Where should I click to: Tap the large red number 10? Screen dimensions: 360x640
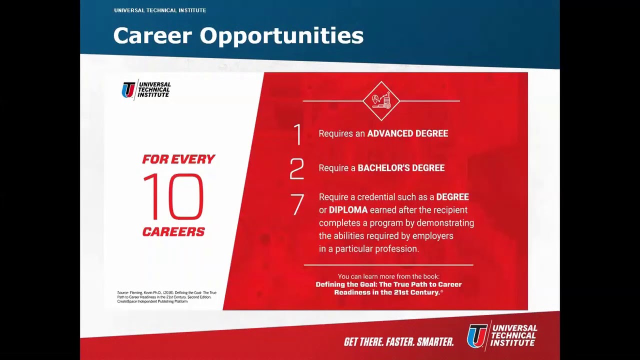click(173, 197)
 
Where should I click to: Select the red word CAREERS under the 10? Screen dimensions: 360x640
click(173, 232)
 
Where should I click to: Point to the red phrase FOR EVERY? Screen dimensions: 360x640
click(178, 159)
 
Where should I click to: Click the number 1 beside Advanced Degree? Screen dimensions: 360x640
click(298, 134)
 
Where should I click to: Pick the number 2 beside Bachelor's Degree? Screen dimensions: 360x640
click(297, 169)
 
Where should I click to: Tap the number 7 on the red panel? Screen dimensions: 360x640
click(297, 204)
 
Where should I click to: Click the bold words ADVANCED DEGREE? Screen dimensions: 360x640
click(407, 133)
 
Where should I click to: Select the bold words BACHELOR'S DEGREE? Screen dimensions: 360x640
click(401, 168)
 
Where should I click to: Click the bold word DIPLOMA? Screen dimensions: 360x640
click(348, 210)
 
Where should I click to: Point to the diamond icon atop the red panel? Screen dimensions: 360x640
click(381, 101)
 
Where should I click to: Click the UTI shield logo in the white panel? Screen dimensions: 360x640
click(128, 90)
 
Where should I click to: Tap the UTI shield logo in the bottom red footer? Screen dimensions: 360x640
click(477, 335)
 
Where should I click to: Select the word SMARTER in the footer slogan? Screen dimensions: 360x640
click(435, 342)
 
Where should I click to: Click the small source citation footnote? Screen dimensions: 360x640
click(166, 297)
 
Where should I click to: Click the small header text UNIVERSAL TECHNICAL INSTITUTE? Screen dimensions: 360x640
click(160, 10)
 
